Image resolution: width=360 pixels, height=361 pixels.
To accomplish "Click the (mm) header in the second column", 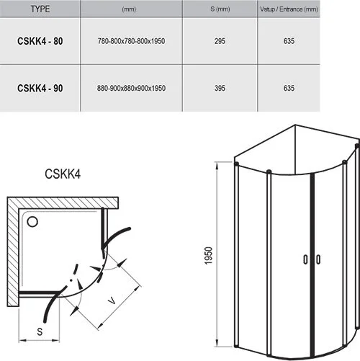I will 130,10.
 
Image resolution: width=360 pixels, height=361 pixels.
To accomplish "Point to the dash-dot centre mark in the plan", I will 71,277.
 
